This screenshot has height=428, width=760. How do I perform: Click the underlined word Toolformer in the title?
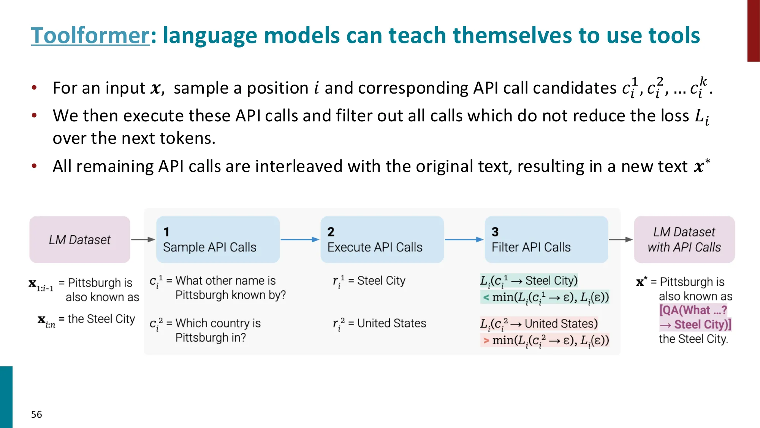(x=90, y=35)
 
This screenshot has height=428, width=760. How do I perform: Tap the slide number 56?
(x=36, y=414)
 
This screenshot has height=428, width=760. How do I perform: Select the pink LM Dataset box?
(x=80, y=240)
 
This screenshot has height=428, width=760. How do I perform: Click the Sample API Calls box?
(x=218, y=240)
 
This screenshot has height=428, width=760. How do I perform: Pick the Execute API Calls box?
(x=382, y=240)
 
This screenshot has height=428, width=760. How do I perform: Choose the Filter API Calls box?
(x=546, y=240)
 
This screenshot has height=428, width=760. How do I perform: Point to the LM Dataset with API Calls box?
(x=684, y=240)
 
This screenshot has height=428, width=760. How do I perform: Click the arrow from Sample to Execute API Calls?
(x=300, y=239)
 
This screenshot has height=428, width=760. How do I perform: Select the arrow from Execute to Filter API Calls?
(x=464, y=239)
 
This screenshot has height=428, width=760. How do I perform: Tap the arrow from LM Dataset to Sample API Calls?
(x=143, y=239)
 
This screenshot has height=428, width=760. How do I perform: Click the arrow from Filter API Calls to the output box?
(x=621, y=239)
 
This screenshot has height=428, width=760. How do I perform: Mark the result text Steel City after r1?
(x=381, y=281)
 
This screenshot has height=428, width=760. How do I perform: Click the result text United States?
(x=392, y=323)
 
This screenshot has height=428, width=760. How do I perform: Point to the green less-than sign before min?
(x=486, y=297)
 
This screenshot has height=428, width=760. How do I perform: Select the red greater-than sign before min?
(x=486, y=340)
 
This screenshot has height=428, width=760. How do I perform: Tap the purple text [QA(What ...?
(x=693, y=310)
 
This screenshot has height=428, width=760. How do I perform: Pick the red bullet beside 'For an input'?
(x=34, y=88)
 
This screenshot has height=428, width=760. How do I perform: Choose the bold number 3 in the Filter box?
(x=495, y=232)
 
